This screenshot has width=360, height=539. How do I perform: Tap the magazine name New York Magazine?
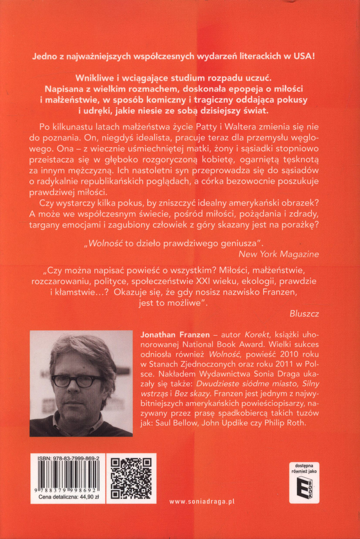coord(279,254)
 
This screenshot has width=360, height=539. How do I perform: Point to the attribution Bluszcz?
coord(304,313)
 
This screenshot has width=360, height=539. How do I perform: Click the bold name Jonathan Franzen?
coord(175,335)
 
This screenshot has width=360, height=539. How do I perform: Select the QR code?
coord(131,478)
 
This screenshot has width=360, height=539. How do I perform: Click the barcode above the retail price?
coord(68,475)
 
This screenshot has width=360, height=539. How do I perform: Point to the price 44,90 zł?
coord(89,497)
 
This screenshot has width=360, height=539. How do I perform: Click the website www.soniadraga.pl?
coord(202,501)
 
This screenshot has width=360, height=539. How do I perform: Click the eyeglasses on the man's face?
coord(78,381)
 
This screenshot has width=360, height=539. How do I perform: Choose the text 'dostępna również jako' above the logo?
coord(304,468)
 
